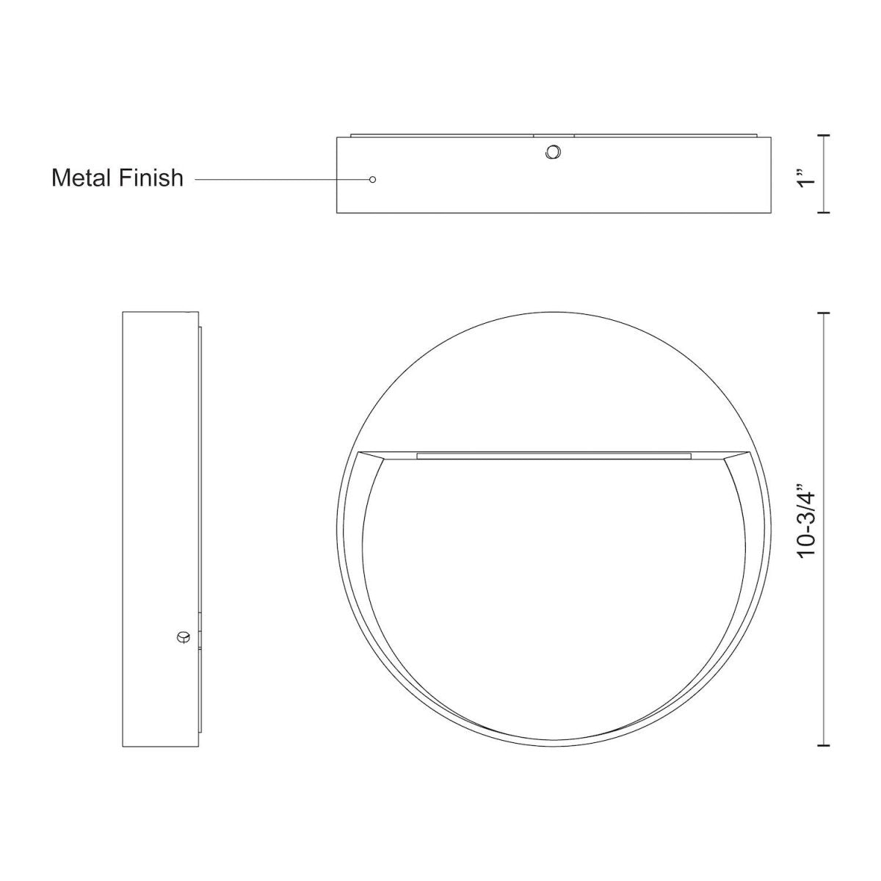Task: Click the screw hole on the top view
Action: (x=552, y=152)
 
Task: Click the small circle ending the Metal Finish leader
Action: (x=373, y=179)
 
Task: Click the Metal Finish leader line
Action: (x=279, y=179)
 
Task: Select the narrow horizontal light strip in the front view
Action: (x=554, y=456)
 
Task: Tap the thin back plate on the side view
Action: (x=199, y=477)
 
